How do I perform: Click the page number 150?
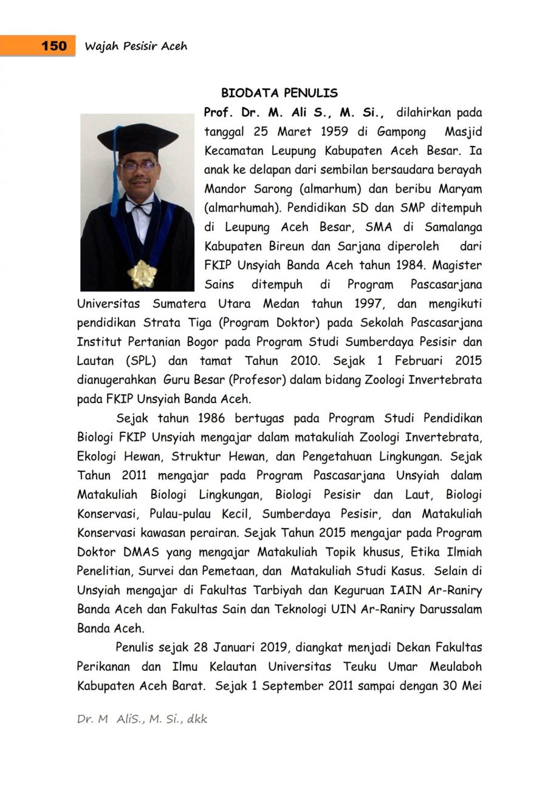tap(54, 46)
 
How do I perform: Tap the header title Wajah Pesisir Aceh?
tap(136, 46)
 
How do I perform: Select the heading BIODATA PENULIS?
tap(279, 93)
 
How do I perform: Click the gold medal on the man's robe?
tap(142, 274)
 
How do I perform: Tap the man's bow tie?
tap(139, 207)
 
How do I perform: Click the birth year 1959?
tap(335, 131)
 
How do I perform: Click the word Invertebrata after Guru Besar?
tap(445, 380)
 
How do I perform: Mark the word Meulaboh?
tap(456, 667)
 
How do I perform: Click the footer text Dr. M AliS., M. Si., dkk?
tap(142, 719)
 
